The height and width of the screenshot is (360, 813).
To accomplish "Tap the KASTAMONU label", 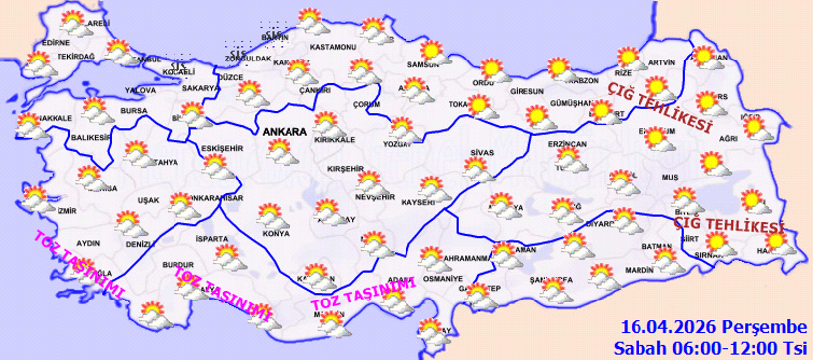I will coord(332,47).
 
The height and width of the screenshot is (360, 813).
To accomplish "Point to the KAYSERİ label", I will coord(418,202).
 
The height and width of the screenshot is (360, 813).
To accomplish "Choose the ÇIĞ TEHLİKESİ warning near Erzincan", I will coord(659,106).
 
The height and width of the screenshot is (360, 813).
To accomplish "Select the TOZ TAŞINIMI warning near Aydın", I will coord(77,262).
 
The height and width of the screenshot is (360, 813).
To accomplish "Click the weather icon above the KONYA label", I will coord(267,213).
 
